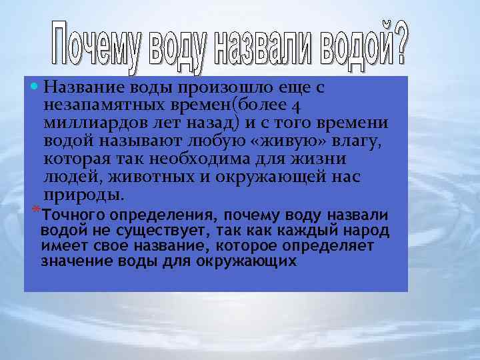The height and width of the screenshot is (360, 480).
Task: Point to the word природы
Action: [83, 195]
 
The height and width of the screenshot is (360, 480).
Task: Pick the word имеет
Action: [61, 246]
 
